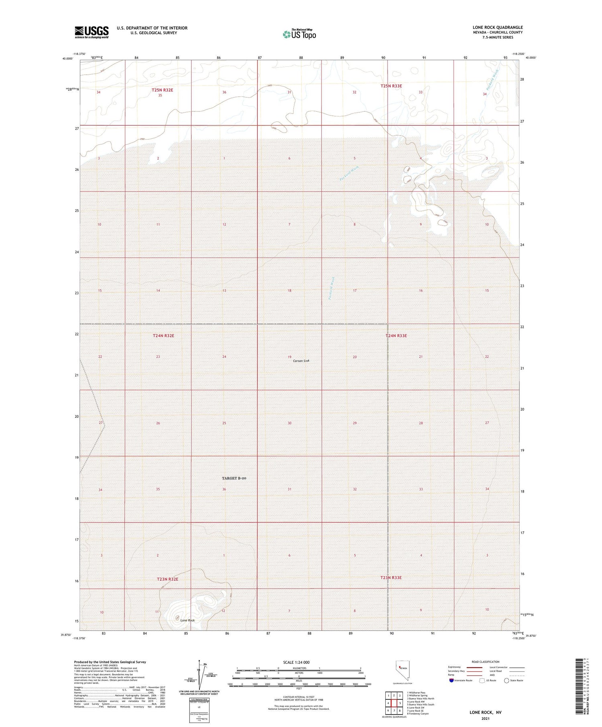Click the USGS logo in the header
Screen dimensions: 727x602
92,32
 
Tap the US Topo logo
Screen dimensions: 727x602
299,34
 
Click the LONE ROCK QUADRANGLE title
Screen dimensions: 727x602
498,28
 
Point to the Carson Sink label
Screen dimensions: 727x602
301,361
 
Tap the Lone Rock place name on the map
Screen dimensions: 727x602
187,620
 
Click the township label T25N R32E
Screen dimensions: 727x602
163,90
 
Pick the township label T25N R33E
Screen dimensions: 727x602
391,86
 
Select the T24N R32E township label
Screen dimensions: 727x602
163,335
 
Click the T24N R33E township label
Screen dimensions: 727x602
396,336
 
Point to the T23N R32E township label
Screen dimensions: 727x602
167,579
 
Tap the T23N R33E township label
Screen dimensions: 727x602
391,577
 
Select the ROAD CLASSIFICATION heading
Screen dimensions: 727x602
486,662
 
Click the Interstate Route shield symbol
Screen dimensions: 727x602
451,680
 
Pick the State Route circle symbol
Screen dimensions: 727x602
506,680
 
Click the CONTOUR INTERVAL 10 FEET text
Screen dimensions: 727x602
299,697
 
